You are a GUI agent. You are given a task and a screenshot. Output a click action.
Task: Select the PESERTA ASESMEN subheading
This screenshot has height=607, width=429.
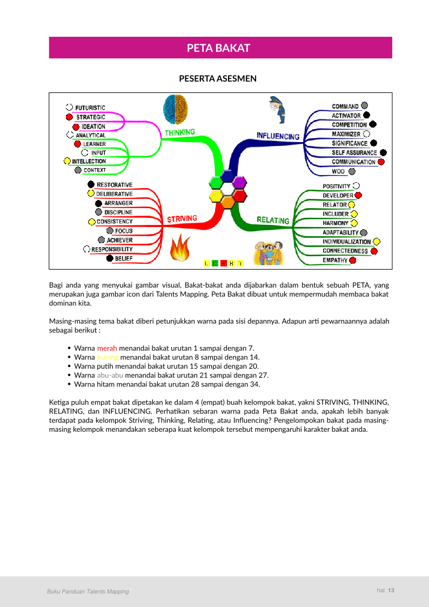tap(218, 79)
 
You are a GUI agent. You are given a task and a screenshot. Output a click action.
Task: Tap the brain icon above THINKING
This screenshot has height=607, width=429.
tap(176, 109)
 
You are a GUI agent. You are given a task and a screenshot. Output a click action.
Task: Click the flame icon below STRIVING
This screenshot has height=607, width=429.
tap(178, 249)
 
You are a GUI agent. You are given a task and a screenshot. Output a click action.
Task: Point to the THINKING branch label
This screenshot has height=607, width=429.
tap(180, 132)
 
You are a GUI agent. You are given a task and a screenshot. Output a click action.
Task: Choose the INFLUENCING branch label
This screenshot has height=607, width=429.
tap(278, 136)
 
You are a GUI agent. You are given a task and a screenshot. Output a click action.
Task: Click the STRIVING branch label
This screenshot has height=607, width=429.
tap(182, 219)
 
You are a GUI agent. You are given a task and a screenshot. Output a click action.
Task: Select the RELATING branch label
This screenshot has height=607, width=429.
tap(273, 220)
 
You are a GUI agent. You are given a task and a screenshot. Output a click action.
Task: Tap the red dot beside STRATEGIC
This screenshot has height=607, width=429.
tap(69, 117)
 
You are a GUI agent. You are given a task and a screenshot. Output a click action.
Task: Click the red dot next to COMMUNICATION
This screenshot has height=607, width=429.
tap(381, 162)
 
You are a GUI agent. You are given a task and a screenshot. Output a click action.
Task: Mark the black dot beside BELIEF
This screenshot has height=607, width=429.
tap(110, 258)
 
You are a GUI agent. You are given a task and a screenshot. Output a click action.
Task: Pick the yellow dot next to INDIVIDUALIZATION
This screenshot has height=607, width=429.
tap(377, 242)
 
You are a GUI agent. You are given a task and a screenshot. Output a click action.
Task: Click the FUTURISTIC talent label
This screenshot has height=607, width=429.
tap(90, 108)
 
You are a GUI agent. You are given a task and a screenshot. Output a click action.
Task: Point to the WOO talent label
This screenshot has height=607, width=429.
tap(339, 171)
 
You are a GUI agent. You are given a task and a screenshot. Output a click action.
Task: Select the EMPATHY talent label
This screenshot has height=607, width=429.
tap(335, 261)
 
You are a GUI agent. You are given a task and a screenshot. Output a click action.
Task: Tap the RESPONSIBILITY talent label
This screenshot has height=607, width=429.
tap(112, 249)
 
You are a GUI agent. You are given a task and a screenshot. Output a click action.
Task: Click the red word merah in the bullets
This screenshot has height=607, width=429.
tap(107, 348)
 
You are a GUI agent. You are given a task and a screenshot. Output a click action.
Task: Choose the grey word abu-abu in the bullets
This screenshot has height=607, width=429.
tap(110, 375)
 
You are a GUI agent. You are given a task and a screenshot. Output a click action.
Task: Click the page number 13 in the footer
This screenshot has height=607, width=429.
tap(391, 590)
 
